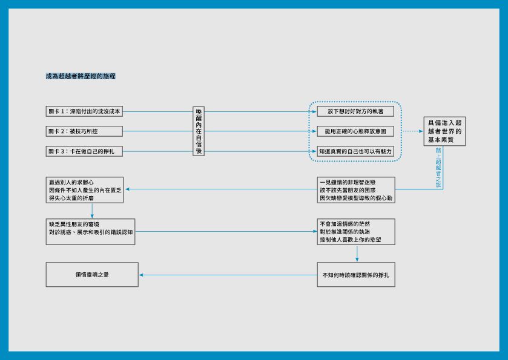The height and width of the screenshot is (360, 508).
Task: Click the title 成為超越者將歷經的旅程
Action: [81, 76]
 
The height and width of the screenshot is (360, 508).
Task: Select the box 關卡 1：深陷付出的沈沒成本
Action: [84, 111]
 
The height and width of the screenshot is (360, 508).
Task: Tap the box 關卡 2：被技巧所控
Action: [84, 131]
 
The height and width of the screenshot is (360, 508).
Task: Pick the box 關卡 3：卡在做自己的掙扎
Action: [84, 151]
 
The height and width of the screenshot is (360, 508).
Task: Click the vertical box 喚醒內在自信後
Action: [199, 131]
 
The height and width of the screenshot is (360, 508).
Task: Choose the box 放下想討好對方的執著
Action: [355, 111]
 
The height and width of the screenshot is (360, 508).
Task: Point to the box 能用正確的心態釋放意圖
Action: [355, 131]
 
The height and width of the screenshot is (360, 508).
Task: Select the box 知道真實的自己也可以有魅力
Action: [355, 151]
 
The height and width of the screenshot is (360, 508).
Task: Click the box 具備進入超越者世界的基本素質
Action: [444, 131]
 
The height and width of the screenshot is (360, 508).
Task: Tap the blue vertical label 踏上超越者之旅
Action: [438, 168]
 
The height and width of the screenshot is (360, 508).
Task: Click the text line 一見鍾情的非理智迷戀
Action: [348, 182]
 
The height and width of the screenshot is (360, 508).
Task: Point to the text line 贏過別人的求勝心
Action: [71, 182]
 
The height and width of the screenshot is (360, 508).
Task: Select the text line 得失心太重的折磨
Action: [71, 198]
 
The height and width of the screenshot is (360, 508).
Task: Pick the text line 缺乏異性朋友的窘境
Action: [74, 224]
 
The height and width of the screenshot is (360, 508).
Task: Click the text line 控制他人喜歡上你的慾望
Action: [351, 240]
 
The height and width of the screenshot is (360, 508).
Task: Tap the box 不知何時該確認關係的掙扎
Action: [356, 275]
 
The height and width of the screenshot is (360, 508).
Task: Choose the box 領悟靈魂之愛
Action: [92, 275]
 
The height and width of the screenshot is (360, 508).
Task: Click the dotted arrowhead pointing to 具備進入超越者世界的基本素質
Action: [421, 131]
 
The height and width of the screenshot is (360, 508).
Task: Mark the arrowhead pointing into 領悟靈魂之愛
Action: [141, 275]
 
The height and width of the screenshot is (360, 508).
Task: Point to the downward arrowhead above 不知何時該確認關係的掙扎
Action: [357, 260]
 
